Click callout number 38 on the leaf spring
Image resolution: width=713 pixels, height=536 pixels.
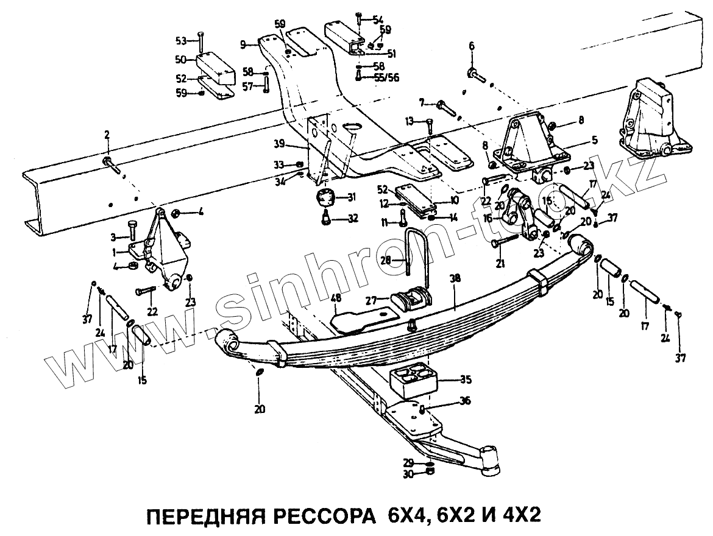(455, 278)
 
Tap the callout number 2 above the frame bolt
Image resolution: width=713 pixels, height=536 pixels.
(107, 134)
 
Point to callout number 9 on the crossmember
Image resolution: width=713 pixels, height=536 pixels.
(243, 44)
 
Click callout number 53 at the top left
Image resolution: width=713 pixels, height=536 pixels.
(180, 41)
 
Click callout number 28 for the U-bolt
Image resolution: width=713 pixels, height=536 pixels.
(385, 260)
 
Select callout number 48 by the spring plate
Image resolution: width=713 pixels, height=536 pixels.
(336, 298)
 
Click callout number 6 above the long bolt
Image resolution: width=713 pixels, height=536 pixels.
(471, 46)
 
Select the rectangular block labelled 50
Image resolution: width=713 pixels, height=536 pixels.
(215, 68)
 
